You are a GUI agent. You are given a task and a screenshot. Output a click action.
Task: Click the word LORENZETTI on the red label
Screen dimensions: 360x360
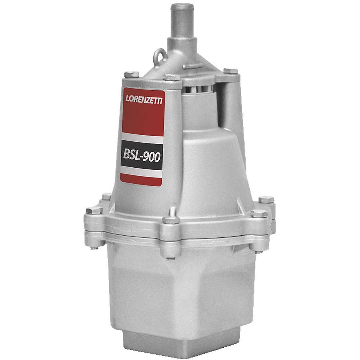(x=144, y=99)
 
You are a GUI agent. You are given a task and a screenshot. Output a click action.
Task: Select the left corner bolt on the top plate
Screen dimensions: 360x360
(x=131, y=75)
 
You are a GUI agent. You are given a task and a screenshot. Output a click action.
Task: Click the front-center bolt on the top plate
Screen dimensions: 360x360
(x=171, y=77)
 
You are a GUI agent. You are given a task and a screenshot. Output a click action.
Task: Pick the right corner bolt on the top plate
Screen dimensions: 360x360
(x=231, y=71)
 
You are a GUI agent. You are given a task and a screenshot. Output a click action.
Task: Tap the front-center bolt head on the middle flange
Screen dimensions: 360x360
(x=171, y=220)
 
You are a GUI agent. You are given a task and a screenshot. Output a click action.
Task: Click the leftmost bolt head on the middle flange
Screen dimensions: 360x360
(x=94, y=210)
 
